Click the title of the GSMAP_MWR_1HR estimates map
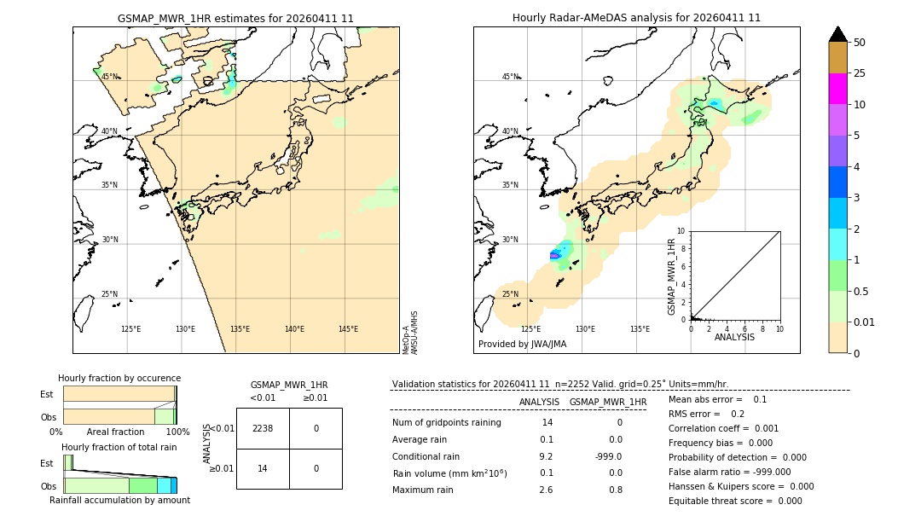pyautogui.click(x=235, y=18)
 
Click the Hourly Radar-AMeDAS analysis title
pyautogui.click(x=636, y=18)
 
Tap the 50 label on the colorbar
pyautogui.click(x=860, y=43)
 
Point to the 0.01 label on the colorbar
pyautogui.click(x=865, y=322)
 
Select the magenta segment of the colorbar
pyautogui.click(x=837, y=89)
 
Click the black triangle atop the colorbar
pyautogui.click(x=837, y=34)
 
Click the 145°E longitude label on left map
pyautogui.click(x=348, y=329)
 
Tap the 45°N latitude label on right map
pyautogui.click(x=510, y=77)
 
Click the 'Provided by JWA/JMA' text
pyautogui.click(x=522, y=345)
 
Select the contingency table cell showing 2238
pyautogui.click(x=263, y=428)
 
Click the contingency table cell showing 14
pyautogui.click(x=263, y=469)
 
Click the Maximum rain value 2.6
pyautogui.click(x=546, y=490)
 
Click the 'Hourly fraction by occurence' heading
pyautogui.click(x=119, y=378)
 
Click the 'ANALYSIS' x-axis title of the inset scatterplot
pyautogui.click(x=734, y=337)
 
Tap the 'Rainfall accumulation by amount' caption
pyautogui.click(x=119, y=500)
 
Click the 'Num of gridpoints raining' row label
pyautogui.click(x=446, y=423)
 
